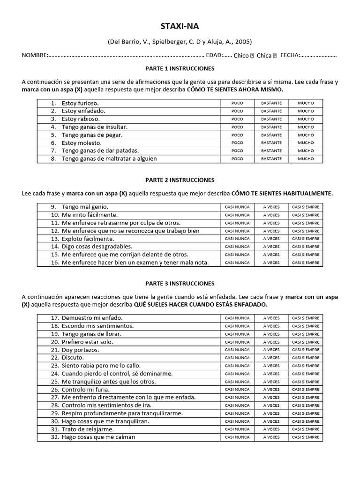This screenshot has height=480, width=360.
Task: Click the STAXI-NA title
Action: (x=180, y=26)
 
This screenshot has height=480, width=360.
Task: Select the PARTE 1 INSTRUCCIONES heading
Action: (x=180, y=68)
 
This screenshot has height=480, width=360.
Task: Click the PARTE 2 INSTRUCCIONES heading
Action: (x=180, y=180)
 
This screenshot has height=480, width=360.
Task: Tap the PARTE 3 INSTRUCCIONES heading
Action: (x=180, y=284)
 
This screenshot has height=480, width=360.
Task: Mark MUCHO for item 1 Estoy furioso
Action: (x=306, y=103)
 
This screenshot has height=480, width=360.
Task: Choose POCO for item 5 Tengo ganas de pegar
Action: (x=237, y=135)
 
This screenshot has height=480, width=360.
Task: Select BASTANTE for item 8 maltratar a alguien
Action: (x=271, y=159)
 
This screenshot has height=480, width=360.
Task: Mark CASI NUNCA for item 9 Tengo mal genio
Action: (x=237, y=207)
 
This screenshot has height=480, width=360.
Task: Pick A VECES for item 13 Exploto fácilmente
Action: (x=271, y=239)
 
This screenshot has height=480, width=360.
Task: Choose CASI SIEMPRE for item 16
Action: (x=306, y=262)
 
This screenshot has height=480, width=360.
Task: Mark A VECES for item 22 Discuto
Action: (x=271, y=358)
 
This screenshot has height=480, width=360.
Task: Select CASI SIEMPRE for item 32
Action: (x=306, y=437)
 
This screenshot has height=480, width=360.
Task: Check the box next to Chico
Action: (x=252, y=55)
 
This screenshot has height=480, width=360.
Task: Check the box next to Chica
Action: (x=275, y=55)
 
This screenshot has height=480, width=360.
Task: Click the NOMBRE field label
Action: (x=35, y=55)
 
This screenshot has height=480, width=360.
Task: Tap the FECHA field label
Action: (x=290, y=55)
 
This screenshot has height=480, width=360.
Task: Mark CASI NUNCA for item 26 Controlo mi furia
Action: (x=237, y=390)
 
